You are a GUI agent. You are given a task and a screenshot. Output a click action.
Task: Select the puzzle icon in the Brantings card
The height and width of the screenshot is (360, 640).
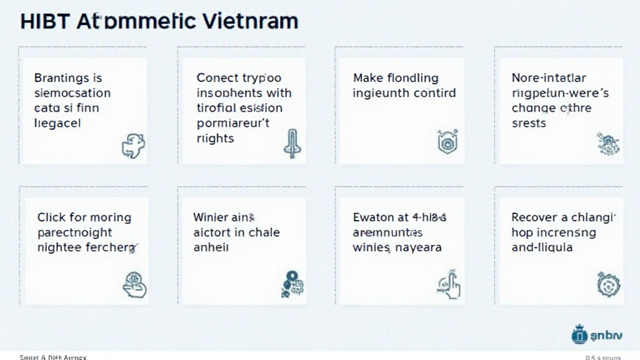coord(133,146)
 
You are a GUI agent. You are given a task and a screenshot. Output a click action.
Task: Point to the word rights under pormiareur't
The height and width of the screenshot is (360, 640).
coord(215,138)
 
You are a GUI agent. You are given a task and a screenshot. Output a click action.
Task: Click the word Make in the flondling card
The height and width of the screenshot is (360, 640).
coord(367,78)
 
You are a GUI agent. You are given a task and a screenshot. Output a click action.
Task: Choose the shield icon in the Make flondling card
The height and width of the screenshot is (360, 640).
coord(443,142)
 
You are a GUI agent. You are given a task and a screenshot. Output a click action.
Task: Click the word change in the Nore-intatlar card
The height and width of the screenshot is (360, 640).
coord(534,108)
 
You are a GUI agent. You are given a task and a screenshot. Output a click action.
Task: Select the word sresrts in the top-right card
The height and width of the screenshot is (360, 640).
coord(529,123)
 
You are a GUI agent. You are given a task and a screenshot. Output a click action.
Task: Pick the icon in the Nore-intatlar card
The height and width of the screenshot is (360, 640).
coord(607,144)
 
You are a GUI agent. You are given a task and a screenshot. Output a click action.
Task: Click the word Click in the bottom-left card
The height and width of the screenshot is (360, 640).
coord(51,217)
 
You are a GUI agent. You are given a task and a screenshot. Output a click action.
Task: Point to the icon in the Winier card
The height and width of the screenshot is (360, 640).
coord(292,282)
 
